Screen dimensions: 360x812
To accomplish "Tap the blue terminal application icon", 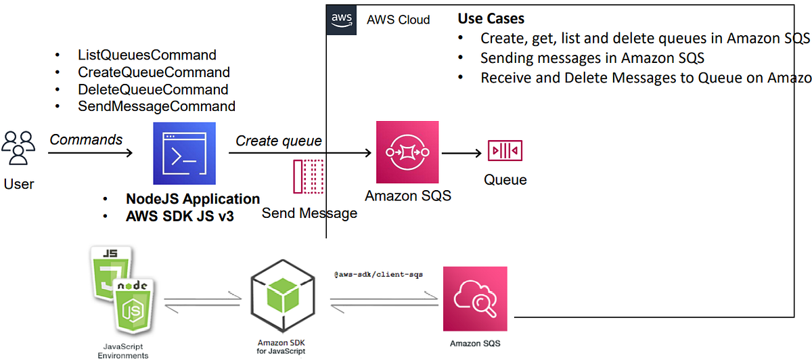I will [184, 154].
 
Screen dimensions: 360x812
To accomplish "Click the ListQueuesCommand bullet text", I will [147, 55].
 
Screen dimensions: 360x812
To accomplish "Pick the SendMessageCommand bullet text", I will [156, 106].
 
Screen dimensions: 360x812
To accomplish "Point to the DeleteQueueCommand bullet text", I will [153, 89].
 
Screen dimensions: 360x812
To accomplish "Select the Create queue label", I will [278, 141].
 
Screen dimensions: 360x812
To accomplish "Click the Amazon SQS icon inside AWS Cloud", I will [407, 152].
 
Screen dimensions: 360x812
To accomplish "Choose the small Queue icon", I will [505, 150].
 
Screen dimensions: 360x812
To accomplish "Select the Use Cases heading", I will [491, 19].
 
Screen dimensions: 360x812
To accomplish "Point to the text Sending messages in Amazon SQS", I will [592, 58].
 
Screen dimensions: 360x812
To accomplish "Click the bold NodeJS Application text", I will [193, 199].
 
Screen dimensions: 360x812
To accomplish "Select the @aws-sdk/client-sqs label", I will [378, 275].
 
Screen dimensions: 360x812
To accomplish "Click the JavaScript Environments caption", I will [121, 350].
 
